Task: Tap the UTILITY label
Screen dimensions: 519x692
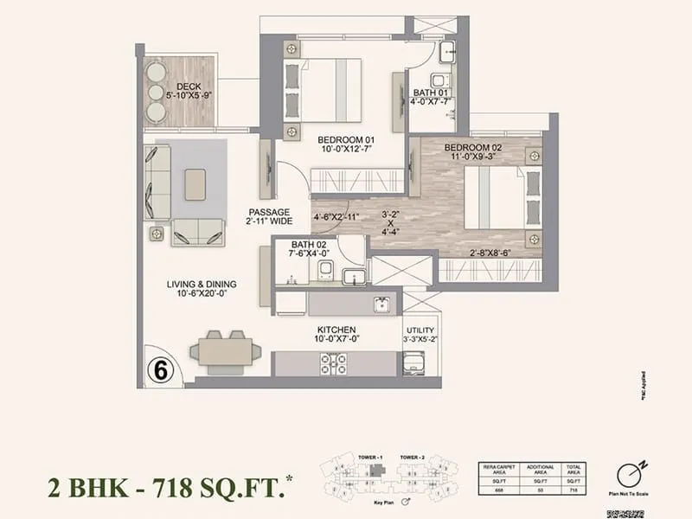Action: (420, 330)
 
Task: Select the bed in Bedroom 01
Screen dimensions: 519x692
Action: (329, 89)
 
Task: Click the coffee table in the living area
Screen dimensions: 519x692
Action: (195, 183)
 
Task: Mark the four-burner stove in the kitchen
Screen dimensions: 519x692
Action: (334, 364)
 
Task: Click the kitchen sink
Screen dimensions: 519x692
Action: (380, 304)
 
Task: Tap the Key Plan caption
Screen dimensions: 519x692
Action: (371, 501)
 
